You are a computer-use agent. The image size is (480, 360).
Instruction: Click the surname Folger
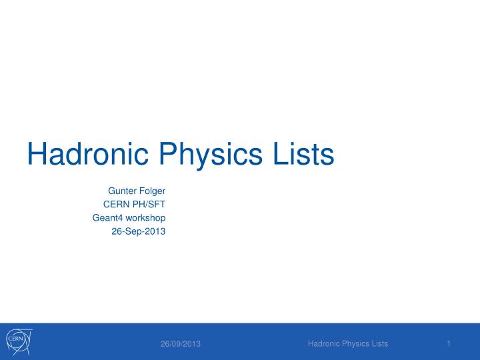(151, 192)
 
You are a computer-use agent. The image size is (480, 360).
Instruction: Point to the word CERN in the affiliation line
(115, 205)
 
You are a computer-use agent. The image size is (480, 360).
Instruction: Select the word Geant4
(107, 218)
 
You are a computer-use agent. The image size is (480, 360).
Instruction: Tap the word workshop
(145, 218)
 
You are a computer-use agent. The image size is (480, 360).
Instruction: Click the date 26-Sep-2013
(138, 231)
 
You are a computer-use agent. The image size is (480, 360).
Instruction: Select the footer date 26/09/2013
(181, 344)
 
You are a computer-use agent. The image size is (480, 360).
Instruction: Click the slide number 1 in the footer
(450, 343)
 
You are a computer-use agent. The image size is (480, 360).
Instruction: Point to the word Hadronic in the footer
(323, 343)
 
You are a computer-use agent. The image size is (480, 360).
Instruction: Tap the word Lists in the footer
(379, 343)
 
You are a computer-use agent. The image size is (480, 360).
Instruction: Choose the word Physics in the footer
(354, 343)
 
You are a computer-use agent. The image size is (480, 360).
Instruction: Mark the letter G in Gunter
(111, 192)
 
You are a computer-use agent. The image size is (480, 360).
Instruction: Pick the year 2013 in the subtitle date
(155, 231)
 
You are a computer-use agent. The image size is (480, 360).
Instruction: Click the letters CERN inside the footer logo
(15, 340)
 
